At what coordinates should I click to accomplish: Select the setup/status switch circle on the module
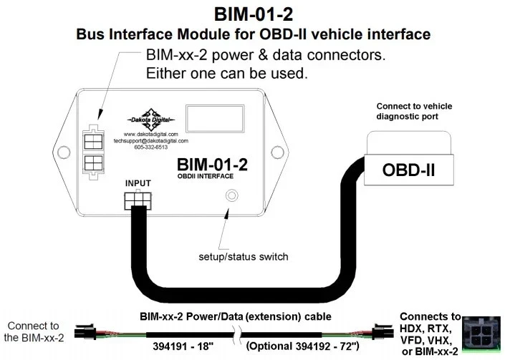click(231, 195)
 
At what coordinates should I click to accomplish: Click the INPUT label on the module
click(138, 184)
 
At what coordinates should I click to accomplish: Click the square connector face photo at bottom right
click(482, 336)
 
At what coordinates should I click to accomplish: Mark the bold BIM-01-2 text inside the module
click(212, 165)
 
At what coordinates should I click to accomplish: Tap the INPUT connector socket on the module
click(137, 200)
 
